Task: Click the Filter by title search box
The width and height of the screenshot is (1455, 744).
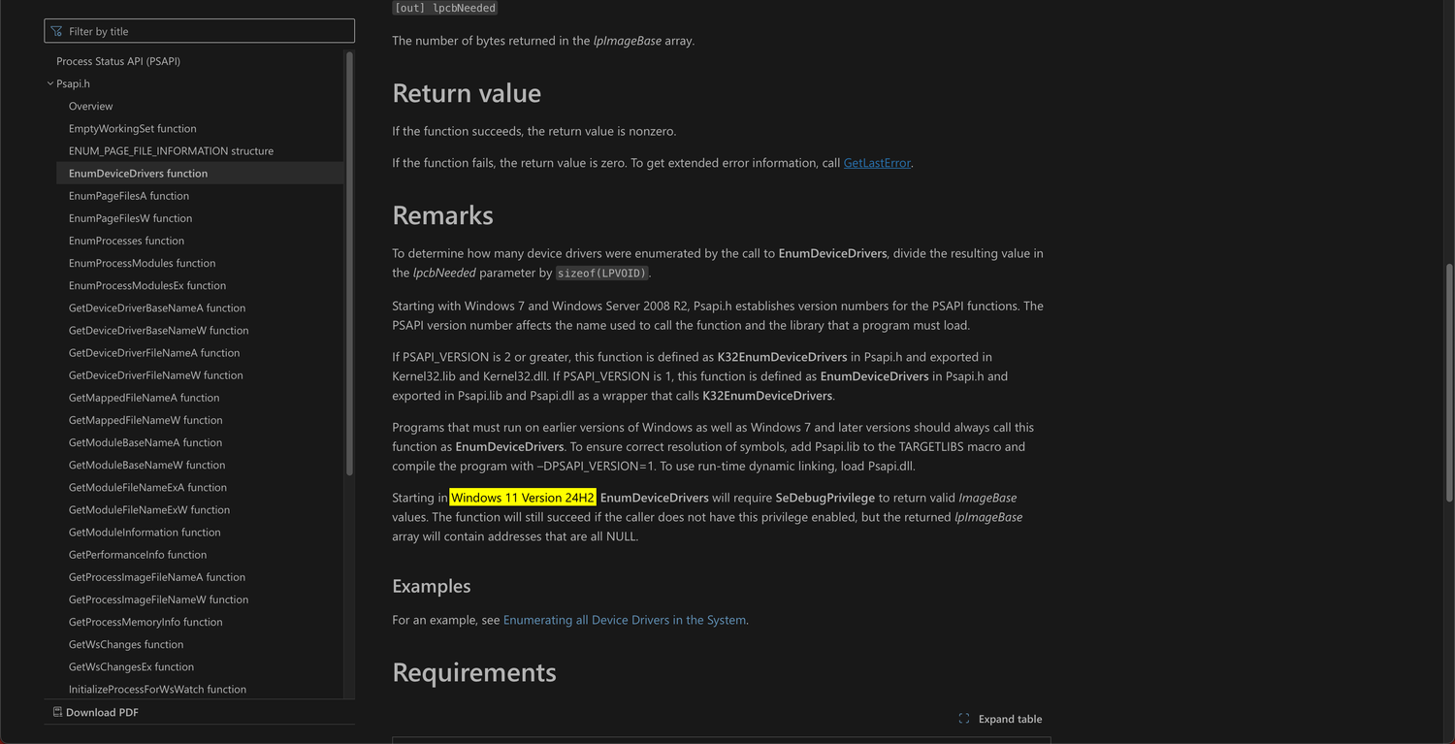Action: click(x=199, y=31)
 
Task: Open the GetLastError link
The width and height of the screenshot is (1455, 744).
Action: click(x=877, y=163)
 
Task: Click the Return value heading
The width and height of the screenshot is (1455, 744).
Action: click(x=467, y=94)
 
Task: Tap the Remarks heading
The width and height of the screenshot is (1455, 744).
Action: click(x=442, y=215)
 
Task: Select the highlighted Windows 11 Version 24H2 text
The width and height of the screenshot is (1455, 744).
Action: click(x=523, y=498)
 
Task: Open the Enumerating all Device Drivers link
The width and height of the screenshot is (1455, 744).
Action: click(x=625, y=620)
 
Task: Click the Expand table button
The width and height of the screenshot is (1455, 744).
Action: click(x=1000, y=719)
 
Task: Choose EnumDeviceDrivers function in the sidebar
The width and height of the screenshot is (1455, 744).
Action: click(x=138, y=174)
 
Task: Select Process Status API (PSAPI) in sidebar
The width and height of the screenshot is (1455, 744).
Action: click(x=118, y=61)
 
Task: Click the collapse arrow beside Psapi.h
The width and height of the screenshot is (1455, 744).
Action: click(x=50, y=83)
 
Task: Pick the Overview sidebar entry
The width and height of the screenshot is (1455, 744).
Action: click(x=90, y=106)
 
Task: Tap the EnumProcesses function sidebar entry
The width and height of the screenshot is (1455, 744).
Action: click(x=126, y=241)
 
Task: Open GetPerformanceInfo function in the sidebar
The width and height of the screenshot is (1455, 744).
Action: click(x=138, y=555)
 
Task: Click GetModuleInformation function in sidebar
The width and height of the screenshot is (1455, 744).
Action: click(x=145, y=533)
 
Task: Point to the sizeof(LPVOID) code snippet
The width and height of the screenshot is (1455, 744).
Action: click(x=601, y=274)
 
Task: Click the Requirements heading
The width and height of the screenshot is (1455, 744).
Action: click(x=474, y=673)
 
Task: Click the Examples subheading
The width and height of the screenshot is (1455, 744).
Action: click(x=432, y=586)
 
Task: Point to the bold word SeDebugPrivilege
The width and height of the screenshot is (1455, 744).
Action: click(x=824, y=498)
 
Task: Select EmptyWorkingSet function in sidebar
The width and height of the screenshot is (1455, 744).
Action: click(x=133, y=128)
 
